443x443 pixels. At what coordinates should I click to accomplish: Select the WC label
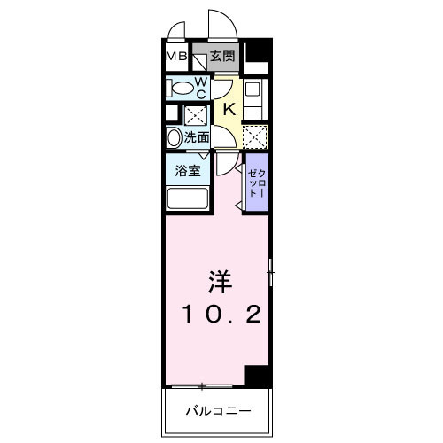tap(201, 87)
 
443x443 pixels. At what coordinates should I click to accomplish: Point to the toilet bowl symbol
tap(183, 88)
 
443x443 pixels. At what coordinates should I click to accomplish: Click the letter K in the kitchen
tap(228, 109)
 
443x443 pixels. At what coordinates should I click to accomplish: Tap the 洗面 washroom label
tap(198, 137)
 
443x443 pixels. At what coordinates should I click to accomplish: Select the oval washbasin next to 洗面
tap(173, 137)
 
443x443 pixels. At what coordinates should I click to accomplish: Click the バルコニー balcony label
tap(218, 411)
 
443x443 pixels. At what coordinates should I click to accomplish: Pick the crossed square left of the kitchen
tap(194, 115)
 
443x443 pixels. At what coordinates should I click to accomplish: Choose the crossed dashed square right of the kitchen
tap(254, 136)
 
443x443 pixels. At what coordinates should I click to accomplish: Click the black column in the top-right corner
tap(258, 56)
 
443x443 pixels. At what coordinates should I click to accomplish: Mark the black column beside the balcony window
tap(258, 377)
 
